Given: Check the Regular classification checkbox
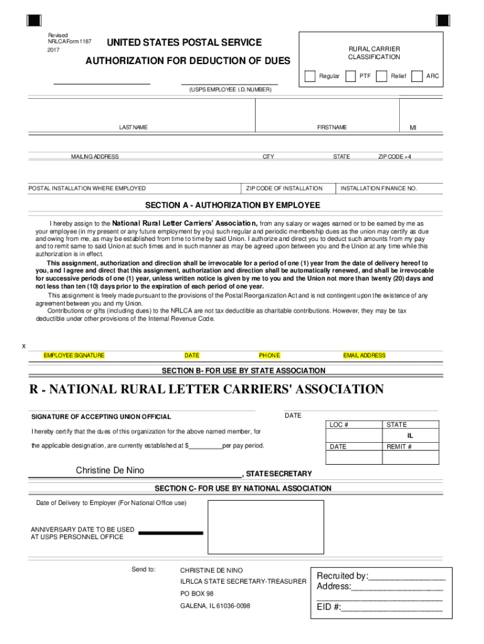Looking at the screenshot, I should pyautogui.click(x=309, y=76).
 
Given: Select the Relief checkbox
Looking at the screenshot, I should pyautogui.click(x=382, y=76).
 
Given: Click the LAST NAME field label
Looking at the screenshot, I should pyautogui.click(x=133, y=128).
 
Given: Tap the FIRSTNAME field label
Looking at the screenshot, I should pyautogui.click(x=331, y=128).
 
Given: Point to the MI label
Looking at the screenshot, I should pyautogui.click(x=413, y=128).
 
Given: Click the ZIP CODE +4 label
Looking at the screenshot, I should pyautogui.click(x=394, y=157).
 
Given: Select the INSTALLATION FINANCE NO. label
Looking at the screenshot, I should pyautogui.click(x=378, y=188).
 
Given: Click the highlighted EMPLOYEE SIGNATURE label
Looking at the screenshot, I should pyautogui.click(x=74, y=355).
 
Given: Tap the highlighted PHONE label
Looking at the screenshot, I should pyautogui.click(x=270, y=355).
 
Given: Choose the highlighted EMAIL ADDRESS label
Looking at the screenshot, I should pyautogui.click(x=364, y=355).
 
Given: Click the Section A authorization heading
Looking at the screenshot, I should pyautogui.click(x=233, y=206).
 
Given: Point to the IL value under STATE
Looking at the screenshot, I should pyautogui.click(x=409, y=435).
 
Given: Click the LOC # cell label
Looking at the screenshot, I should pyautogui.click(x=339, y=425).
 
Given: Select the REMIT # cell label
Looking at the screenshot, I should pyautogui.click(x=399, y=447).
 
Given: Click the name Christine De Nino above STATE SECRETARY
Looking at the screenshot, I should pyautogui.click(x=110, y=470).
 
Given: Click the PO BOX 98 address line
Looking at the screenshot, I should pyautogui.click(x=197, y=594).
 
